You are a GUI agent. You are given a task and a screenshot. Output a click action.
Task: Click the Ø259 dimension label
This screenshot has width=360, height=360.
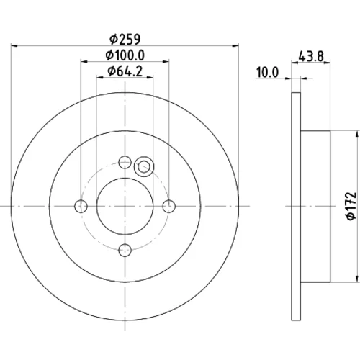pos(125,39)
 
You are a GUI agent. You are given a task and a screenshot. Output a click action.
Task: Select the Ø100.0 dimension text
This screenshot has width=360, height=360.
pos(125,55)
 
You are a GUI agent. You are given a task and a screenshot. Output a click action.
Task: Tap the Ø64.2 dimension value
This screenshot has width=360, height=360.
pos(125,71)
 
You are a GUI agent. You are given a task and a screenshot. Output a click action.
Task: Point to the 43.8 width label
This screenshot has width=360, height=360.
pos(311,57)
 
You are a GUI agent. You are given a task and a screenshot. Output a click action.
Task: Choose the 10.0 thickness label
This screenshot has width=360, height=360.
pos(268,72)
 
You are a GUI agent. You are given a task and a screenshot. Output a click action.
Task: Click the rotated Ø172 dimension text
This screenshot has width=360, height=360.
pos(351,206)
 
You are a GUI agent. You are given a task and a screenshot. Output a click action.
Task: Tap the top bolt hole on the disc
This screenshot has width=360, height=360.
pos(125,162)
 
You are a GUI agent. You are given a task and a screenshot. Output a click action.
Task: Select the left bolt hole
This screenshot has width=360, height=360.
pos(81,206)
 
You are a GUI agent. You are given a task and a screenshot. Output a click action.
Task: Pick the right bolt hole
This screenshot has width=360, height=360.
pos(169,206)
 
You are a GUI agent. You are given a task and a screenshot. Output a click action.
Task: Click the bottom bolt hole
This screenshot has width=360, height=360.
pos(125,250)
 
